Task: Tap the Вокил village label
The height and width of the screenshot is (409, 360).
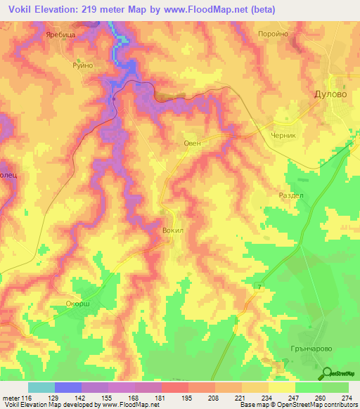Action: (x=172, y=230)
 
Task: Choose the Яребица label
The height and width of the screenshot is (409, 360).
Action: (x=59, y=33)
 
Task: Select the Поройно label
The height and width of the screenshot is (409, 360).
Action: (x=293, y=33)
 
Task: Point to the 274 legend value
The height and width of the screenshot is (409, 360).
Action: (x=347, y=398)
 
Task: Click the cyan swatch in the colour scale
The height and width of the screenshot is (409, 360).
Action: (x=41, y=387)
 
